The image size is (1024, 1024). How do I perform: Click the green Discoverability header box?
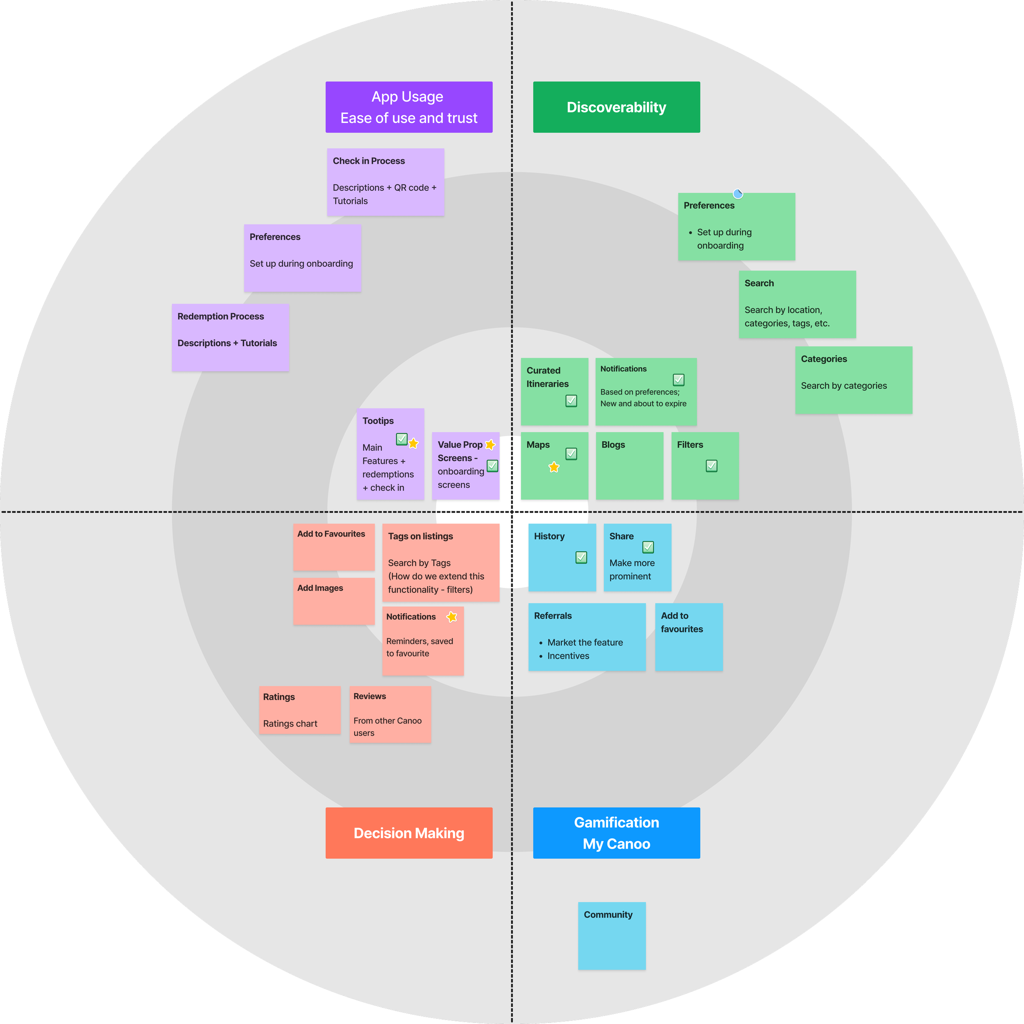pos(616,107)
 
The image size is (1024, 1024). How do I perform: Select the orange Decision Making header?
pos(409,833)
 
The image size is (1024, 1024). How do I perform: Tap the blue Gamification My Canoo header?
pos(616,833)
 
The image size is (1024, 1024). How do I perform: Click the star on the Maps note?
pos(554,467)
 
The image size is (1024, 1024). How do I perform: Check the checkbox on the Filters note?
pos(711,466)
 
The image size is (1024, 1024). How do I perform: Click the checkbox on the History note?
pos(581,557)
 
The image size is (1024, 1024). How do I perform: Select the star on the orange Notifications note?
pos(451,616)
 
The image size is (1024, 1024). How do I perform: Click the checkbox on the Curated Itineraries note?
pos(571,401)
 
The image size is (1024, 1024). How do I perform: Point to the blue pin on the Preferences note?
pos(737,194)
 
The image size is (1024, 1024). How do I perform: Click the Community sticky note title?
pos(608,914)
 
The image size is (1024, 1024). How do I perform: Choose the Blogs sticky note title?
pos(613,445)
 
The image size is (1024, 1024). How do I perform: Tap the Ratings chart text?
pos(290,723)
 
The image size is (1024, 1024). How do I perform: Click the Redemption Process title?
pos(220,317)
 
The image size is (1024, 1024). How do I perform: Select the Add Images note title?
pos(320,588)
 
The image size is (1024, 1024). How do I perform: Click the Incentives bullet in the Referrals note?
pos(568,656)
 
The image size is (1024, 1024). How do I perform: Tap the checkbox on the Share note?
pos(648,547)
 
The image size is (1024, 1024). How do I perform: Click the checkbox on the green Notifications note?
pos(678,380)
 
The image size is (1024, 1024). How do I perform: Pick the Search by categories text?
pos(843,385)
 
